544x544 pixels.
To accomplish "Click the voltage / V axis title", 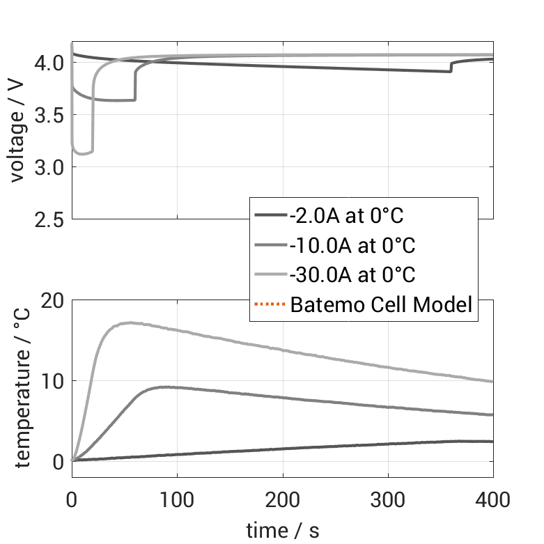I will [18, 132].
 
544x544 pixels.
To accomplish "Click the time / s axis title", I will [282, 530].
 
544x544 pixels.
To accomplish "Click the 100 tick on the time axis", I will [177, 499].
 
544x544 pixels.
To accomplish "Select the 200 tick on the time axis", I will [282, 499].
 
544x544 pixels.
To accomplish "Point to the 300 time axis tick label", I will [387, 499].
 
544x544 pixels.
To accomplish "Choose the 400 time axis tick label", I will [492, 499].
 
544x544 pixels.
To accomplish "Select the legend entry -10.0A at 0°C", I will [352, 245].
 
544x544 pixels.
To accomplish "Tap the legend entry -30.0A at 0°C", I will [352, 275].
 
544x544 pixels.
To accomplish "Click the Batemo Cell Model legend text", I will [382, 304].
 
